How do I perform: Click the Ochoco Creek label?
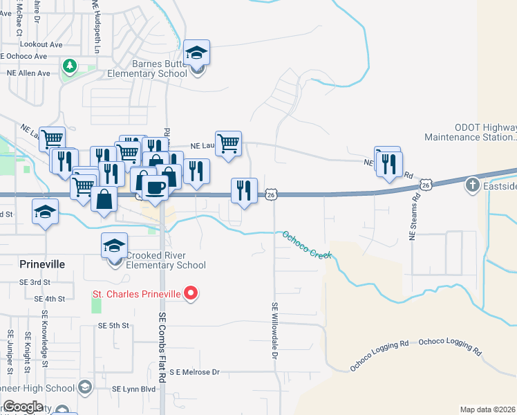[x=306, y=245]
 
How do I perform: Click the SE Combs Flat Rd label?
[x=163, y=346]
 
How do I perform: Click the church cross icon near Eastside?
[x=472, y=185]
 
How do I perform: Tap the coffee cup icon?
[x=155, y=187]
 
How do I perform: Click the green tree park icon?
[x=69, y=66]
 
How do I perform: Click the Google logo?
[x=22, y=407]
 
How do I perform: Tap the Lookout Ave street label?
[x=41, y=44]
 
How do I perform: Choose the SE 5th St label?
[x=114, y=325]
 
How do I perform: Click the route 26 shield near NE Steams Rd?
[x=425, y=185]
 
